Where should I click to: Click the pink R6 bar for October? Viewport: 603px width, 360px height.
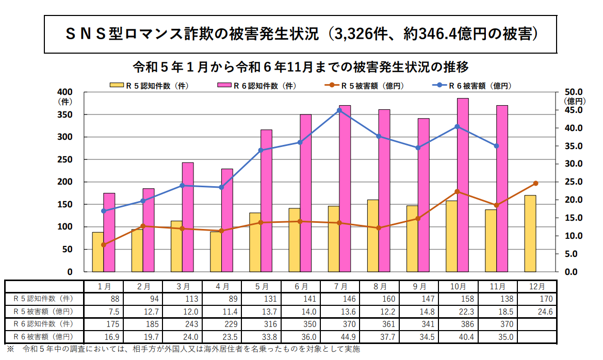463,185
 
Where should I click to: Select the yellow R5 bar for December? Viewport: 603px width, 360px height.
530,233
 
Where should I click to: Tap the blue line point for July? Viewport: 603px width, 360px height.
339,110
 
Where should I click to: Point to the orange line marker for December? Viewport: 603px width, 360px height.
535,184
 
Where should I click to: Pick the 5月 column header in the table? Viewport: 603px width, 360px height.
262,286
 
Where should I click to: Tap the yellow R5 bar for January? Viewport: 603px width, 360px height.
98,252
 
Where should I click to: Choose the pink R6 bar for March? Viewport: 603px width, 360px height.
188,217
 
